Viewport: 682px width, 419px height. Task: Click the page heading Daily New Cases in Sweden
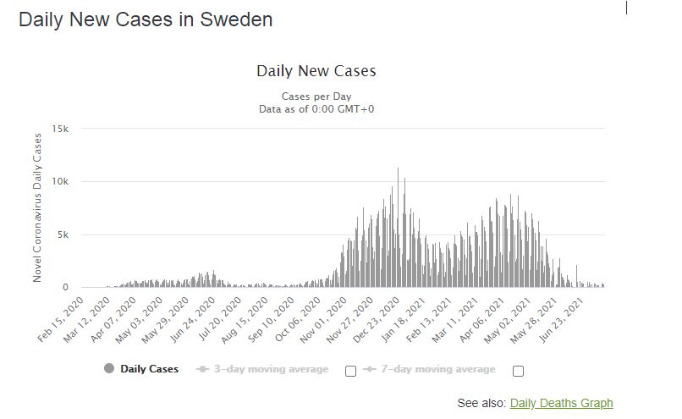tap(146, 19)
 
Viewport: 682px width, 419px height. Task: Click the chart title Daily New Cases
tap(316, 71)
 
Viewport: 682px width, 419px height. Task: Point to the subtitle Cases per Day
tap(316, 96)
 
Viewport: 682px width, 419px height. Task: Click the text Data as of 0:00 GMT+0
tap(316, 109)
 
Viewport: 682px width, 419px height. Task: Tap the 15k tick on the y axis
tap(60, 129)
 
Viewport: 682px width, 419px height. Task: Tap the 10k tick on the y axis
tap(60, 181)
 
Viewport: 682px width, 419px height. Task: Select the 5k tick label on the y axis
tap(63, 234)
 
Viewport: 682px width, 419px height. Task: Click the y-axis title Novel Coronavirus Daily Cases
tap(37, 207)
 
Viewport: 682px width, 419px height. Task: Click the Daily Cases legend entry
tap(141, 369)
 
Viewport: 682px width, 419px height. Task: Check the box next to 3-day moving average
tap(351, 371)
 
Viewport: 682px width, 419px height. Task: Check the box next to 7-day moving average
tap(519, 371)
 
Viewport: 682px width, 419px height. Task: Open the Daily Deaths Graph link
tap(561, 403)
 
